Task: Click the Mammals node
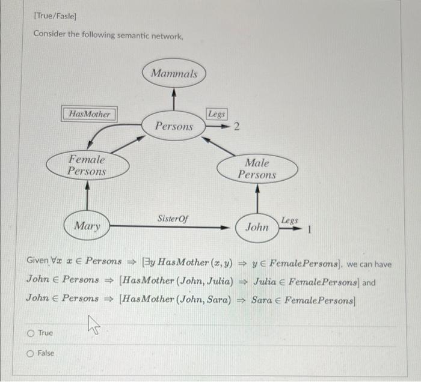[174, 74]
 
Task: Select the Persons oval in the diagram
[174, 126]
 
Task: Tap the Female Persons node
[87, 165]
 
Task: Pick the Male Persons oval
[257, 168]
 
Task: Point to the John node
[257, 227]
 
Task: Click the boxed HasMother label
[90, 114]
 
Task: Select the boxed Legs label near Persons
[217, 114]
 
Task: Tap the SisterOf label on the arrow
[172, 219]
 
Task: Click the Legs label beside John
[289, 220]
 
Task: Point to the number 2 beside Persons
[236, 127]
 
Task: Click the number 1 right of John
[309, 229]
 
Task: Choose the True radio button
[30, 333]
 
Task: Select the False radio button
[30, 354]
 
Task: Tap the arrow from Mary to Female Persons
[88, 195]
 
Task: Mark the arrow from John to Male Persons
[257, 197]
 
